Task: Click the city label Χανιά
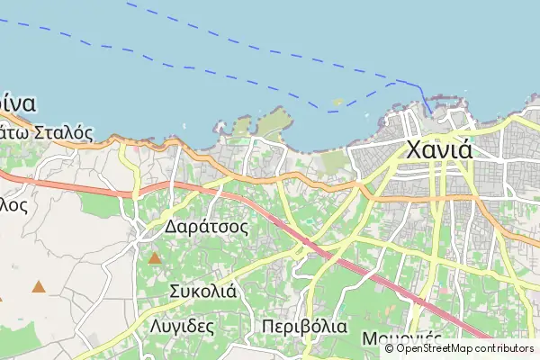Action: [x=438, y=148]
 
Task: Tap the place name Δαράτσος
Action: [x=206, y=227]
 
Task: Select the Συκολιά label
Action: [x=202, y=291]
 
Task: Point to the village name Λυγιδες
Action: [x=183, y=326]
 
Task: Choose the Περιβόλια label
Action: [x=304, y=326]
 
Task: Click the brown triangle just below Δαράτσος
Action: [x=155, y=258]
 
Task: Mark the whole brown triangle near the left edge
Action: [x=39, y=287]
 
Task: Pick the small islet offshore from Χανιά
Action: [x=337, y=103]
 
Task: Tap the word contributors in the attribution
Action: [x=508, y=348]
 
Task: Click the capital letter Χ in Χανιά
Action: [x=416, y=148]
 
